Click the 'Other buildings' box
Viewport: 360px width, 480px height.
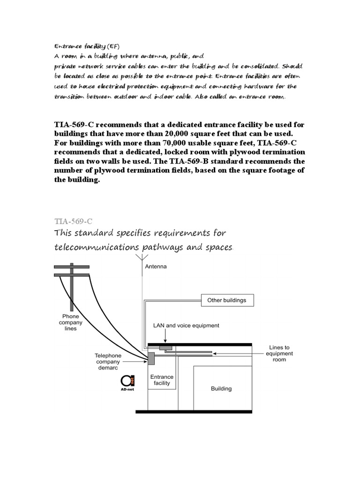[x=227, y=300]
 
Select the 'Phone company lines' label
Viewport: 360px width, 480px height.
[x=71, y=322]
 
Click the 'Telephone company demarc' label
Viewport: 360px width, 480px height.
[x=107, y=362]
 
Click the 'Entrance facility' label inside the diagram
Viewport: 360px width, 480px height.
[x=162, y=380]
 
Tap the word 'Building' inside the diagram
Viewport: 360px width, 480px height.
[x=221, y=388]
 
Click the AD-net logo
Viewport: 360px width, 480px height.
[x=127, y=382]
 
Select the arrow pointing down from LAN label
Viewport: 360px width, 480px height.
[x=166, y=337]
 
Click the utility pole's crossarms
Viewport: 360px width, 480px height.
[x=72, y=270]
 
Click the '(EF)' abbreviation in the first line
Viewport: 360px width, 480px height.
[x=113, y=46]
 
